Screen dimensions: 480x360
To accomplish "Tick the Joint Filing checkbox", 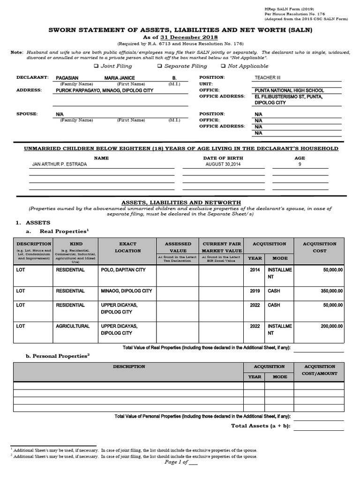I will [96, 67].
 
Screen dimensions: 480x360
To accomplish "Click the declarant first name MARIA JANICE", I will [120, 78].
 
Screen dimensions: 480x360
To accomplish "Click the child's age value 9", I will [300, 165].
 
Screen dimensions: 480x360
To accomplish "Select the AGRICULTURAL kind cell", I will [73, 326].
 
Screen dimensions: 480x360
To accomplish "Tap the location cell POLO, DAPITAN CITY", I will [123, 270].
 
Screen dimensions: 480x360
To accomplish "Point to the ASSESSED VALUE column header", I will [178, 247].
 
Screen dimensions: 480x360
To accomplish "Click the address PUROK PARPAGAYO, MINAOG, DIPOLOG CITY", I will [104, 90].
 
